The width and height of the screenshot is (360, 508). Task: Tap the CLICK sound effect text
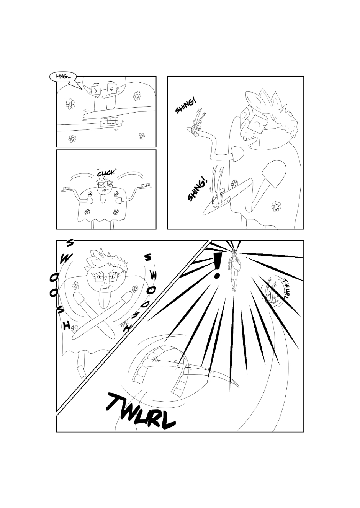[x=106, y=173]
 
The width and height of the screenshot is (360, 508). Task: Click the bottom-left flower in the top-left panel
[x=72, y=138]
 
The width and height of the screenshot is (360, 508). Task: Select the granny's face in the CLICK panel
[x=103, y=187]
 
